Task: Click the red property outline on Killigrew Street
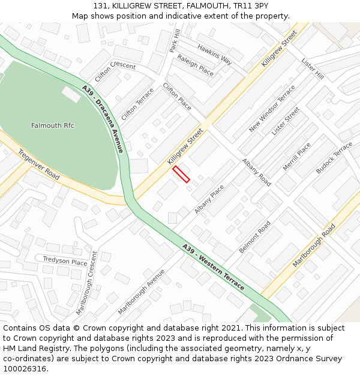[181, 174]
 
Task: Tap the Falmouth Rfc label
[53, 125]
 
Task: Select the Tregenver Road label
[38, 164]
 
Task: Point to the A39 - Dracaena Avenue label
[103, 119]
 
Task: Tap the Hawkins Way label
[214, 55]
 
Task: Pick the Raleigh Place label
[195, 65]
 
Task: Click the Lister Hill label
[313, 69]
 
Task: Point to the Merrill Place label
[296, 157]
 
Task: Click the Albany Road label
[256, 172]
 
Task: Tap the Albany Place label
[209, 199]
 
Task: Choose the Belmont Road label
[255, 236]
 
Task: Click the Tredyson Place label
[65, 261]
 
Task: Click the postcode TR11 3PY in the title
[249, 6]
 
